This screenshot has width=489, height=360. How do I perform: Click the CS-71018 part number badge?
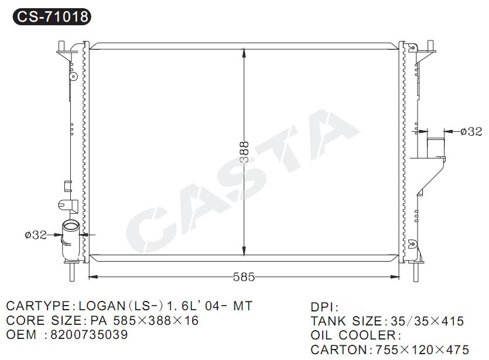pyautogui.click(x=52, y=16)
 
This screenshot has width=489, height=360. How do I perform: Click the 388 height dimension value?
pyautogui.click(x=245, y=152)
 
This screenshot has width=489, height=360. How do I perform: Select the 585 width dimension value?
pyautogui.click(x=244, y=277)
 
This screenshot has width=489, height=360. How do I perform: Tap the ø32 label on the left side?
pyautogui.click(x=36, y=235)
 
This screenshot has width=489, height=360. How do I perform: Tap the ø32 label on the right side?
pyautogui.click(x=471, y=132)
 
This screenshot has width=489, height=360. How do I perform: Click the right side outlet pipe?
pyautogui.click(x=435, y=148)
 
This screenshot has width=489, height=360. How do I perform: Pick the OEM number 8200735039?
pyautogui.click(x=89, y=335)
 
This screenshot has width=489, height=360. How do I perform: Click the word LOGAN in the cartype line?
pyautogui.click(x=102, y=306)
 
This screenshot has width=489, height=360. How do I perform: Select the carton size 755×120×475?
pyautogui.click(x=422, y=349)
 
